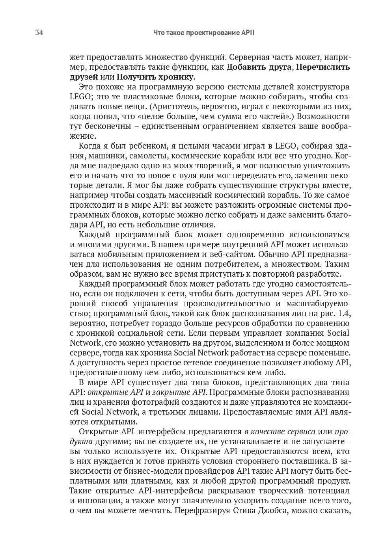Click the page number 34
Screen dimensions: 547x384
coord(39,33)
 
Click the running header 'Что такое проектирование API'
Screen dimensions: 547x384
coord(203,33)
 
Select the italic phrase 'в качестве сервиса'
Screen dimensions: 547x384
coord(280,432)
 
